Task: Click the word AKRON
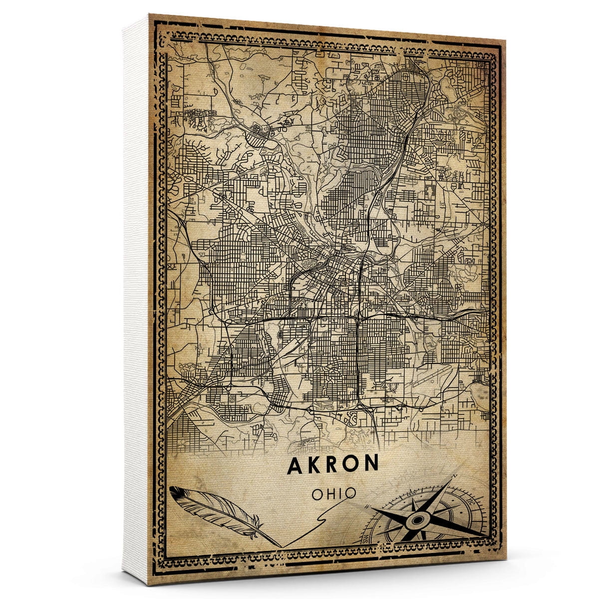[x=333, y=464]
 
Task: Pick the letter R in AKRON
[x=333, y=464]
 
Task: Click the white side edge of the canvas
[x=136, y=299]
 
